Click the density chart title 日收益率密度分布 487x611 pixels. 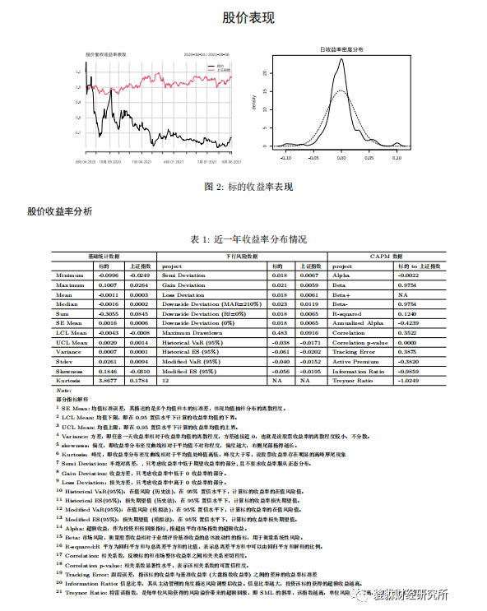pyautogui.click(x=341, y=50)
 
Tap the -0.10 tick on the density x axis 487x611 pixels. pyautogui.click(x=285, y=155)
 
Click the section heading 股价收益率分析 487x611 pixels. pyautogui.click(x=60, y=211)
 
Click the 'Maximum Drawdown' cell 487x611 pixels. pyautogui.click(x=192, y=332)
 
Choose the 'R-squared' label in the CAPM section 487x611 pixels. pyautogui.click(x=348, y=313)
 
